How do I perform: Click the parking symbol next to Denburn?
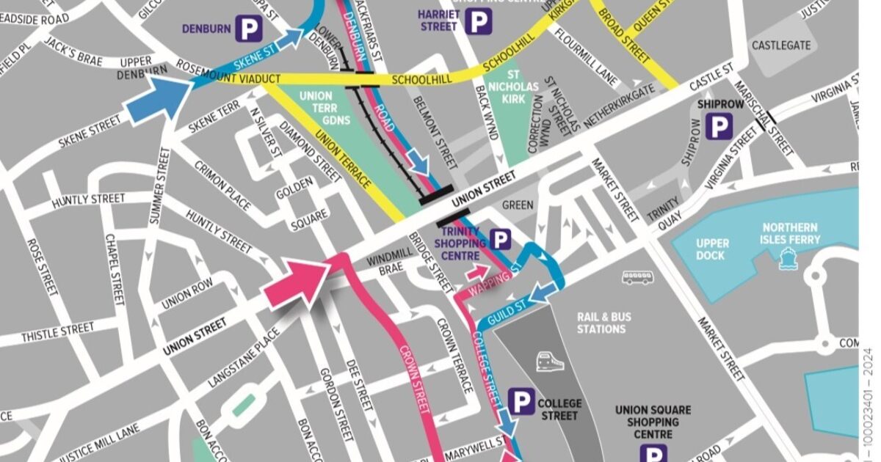click(x=248, y=29)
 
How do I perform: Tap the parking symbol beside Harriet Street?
click(x=478, y=21)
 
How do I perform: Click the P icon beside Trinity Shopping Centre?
click(x=501, y=240)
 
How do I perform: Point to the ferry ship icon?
click(x=788, y=257)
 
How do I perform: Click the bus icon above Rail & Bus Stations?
click(x=637, y=277)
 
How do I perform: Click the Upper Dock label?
click(x=712, y=249)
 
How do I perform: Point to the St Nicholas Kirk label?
click(x=522, y=87)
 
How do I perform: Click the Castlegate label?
click(x=781, y=45)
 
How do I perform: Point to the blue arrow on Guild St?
click(x=541, y=293)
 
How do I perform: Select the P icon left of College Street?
click(x=522, y=402)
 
